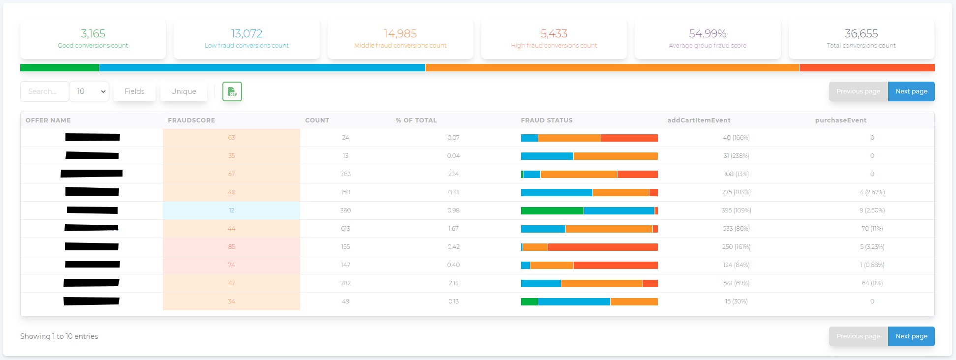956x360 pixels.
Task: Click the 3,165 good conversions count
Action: (93, 33)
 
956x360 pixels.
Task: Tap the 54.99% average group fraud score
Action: (708, 33)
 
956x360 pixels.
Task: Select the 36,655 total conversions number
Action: (861, 33)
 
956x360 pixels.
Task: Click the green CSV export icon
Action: (232, 91)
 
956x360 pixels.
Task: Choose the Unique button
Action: (184, 91)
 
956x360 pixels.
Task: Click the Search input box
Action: (44, 91)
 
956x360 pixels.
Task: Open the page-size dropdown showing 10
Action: (90, 91)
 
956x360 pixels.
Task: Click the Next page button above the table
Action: (911, 91)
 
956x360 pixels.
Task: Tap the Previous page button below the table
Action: (858, 336)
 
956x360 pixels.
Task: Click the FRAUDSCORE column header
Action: (191, 120)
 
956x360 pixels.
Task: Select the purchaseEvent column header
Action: (840, 120)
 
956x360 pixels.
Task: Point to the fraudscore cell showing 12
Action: (232, 210)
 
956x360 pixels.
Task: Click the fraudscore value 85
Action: (232, 247)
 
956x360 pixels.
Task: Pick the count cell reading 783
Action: (345, 174)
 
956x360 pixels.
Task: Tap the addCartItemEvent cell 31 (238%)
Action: (736, 156)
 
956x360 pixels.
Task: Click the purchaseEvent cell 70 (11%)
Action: (872, 229)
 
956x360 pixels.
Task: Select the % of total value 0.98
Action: (453, 210)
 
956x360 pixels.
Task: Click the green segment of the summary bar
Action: (60, 68)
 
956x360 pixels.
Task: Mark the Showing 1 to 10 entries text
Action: (59, 336)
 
